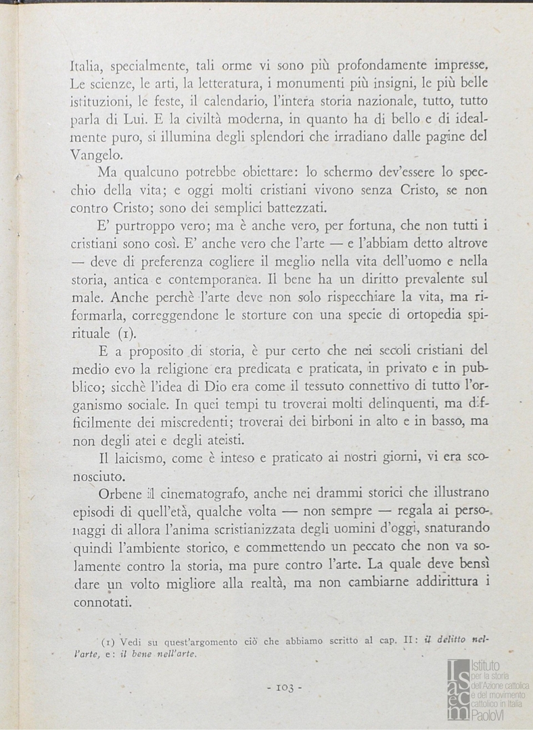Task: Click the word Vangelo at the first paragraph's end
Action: (x=97, y=154)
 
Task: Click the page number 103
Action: (x=283, y=687)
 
